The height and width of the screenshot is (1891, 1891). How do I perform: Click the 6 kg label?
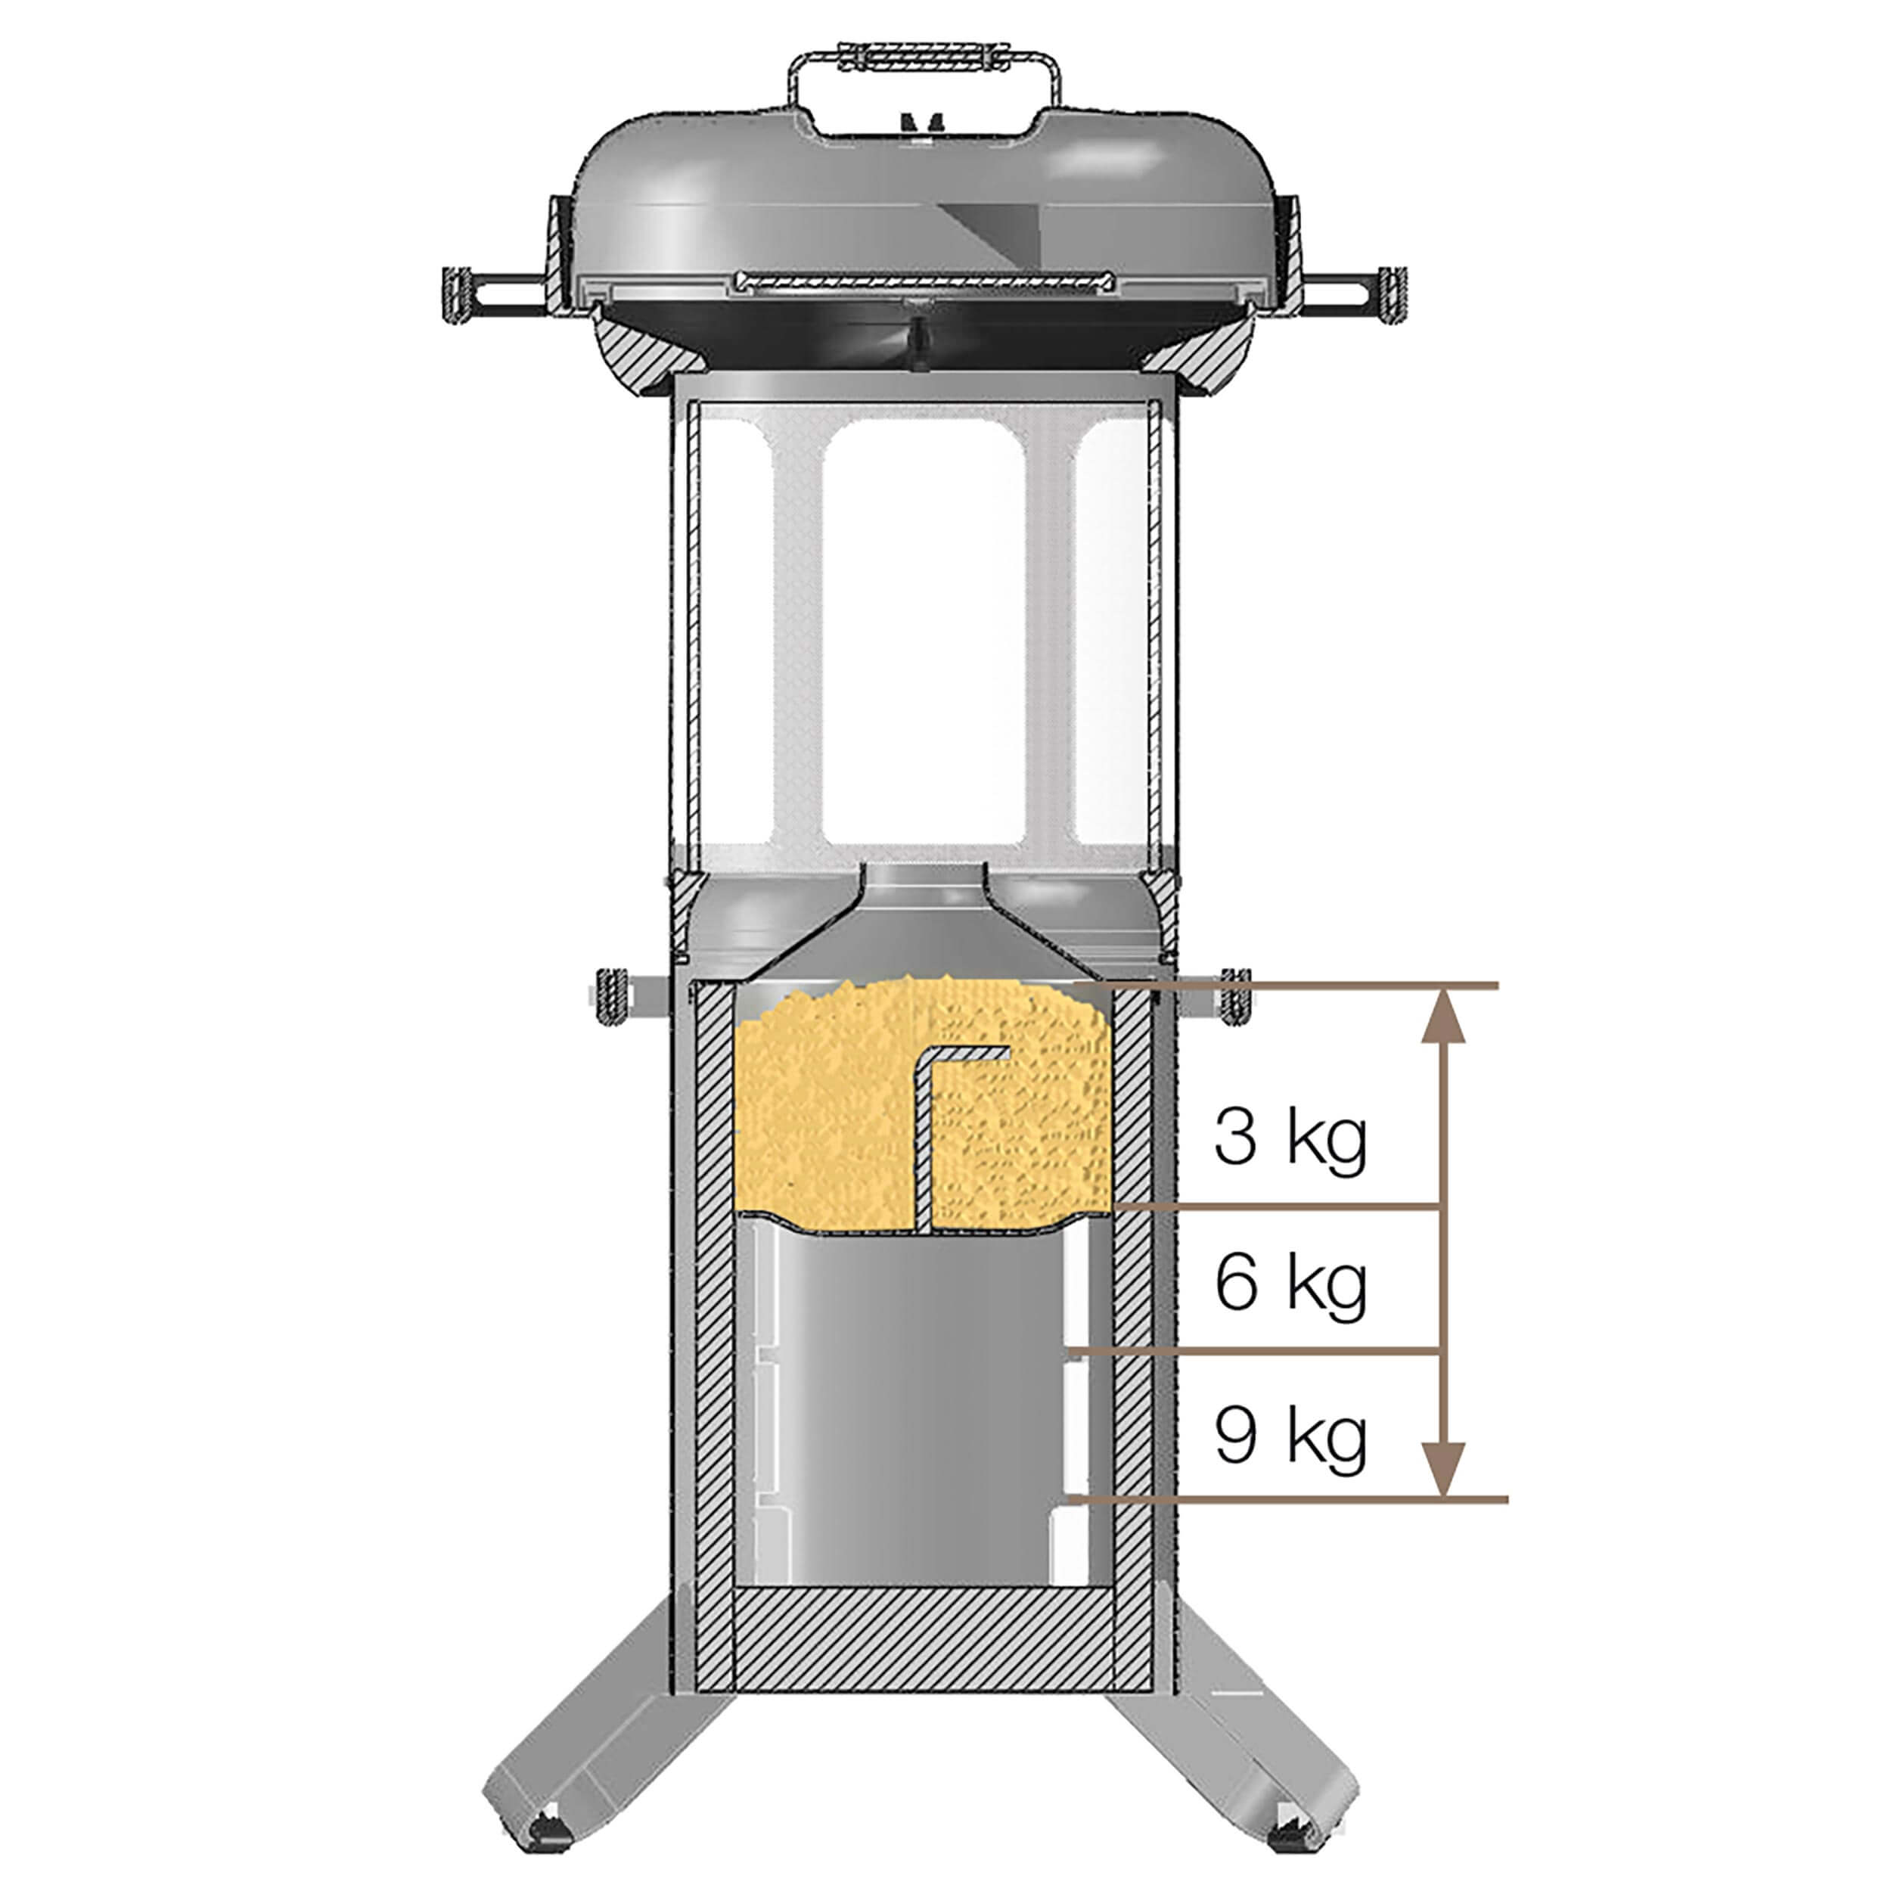(x=1290, y=1282)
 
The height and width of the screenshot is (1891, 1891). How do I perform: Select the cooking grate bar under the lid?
(x=925, y=282)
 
